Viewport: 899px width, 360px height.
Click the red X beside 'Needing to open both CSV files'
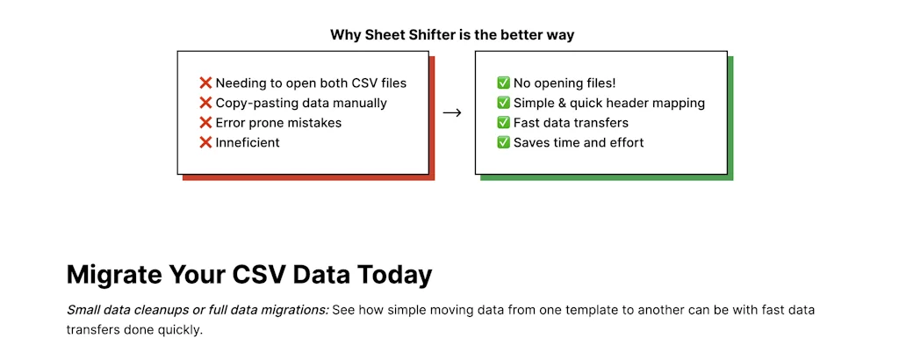205,83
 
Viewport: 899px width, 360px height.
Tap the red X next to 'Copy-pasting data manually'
205,104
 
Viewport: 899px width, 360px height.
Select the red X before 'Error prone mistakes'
205,123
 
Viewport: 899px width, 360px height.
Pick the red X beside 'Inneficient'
205,142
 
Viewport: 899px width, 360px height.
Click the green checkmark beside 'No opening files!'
503,83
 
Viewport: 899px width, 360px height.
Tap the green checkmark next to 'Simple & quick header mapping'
503,104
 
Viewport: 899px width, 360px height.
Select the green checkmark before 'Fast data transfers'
503,123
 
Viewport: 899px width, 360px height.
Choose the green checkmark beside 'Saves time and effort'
503,142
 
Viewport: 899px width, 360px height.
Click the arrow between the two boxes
452,113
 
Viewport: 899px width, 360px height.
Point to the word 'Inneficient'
248,142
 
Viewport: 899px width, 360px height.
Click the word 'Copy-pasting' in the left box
255,104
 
